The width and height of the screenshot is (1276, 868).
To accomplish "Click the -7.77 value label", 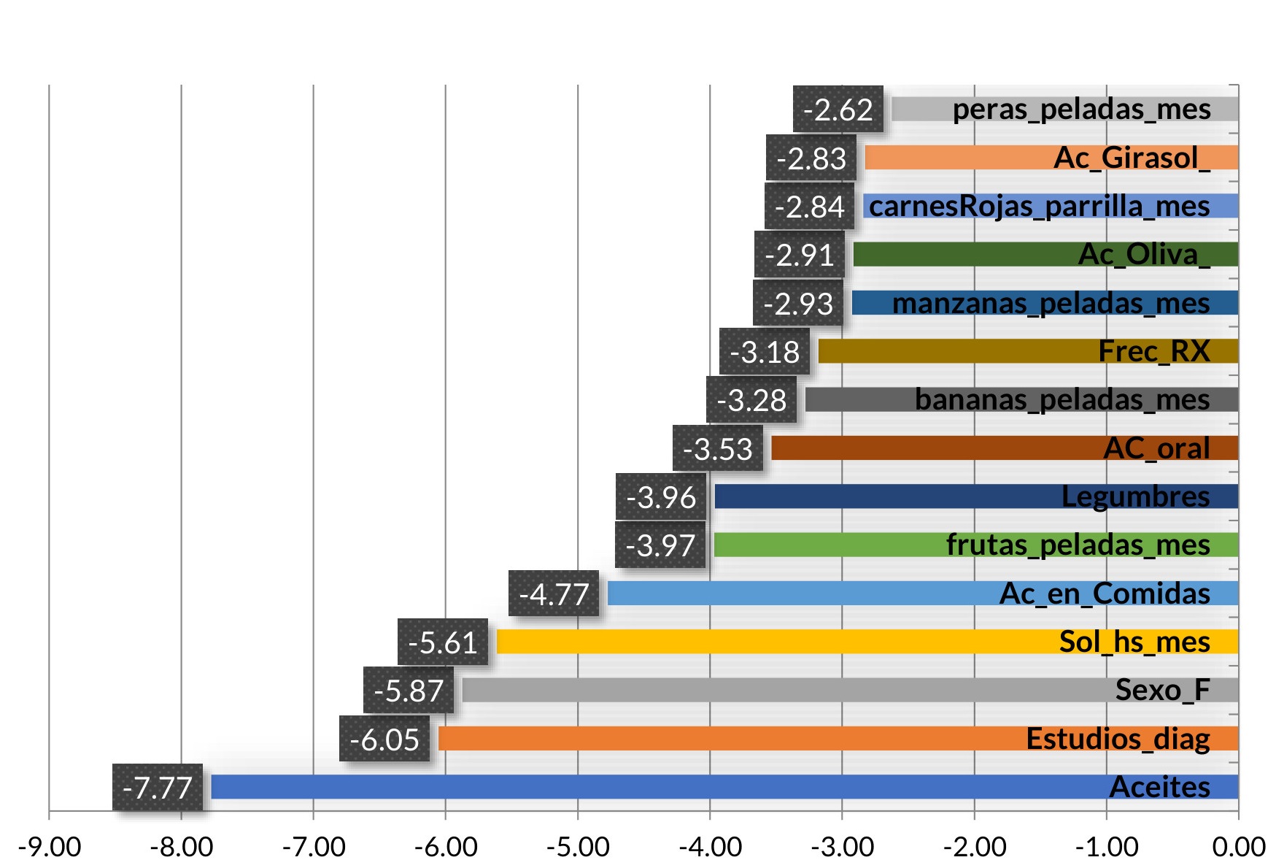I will pyautogui.click(x=158, y=787).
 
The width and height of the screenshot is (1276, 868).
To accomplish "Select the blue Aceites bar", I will pyautogui.click(x=657, y=787).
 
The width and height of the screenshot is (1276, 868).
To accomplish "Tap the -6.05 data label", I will pyautogui.click(x=384, y=739).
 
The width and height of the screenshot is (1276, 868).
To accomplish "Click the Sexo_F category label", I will pyautogui.click(x=1162, y=690).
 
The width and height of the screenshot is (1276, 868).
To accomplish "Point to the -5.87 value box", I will pyautogui.click(x=409, y=690).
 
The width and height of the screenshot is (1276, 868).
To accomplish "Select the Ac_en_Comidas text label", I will pyautogui.click(x=1105, y=594).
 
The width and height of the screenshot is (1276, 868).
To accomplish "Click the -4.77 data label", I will pyautogui.click(x=554, y=594).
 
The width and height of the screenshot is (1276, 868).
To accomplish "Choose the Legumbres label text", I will pyautogui.click(x=1135, y=496).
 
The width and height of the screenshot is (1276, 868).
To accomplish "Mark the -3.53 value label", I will pyautogui.click(x=718, y=448).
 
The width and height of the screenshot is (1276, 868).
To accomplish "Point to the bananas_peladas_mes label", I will pyautogui.click(x=1062, y=400).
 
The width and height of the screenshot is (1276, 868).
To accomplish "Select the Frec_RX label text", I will pyautogui.click(x=1154, y=351).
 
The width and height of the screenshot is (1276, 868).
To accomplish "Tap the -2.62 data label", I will pyautogui.click(x=838, y=110).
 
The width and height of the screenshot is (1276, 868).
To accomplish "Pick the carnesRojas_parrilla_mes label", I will pyautogui.click(x=1039, y=206).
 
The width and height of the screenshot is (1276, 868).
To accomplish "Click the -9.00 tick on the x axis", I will pyautogui.click(x=50, y=847).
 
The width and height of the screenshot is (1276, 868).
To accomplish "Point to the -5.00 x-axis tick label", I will pyautogui.click(x=578, y=847).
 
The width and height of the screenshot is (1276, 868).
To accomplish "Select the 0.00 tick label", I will pyautogui.click(x=1238, y=847).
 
